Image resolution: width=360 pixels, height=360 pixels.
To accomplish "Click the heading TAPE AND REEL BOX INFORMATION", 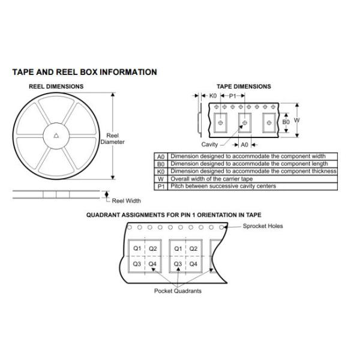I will pyautogui.click(x=85, y=72).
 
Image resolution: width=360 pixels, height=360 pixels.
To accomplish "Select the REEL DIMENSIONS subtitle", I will pyautogui.click(x=56, y=86).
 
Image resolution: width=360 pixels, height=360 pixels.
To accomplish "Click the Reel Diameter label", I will pyautogui.click(x=112, y=139).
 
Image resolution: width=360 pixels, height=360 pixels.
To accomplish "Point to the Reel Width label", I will pyautogui.click(x=125, y=200).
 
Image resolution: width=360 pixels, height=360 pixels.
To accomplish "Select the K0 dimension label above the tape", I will pyautogui.click(x=212, y=95).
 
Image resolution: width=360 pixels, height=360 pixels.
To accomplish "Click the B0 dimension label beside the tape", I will pyautogui.click(x=286, y=121).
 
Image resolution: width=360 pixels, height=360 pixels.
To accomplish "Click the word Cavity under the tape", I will pyautogui.click(x=209, y=145).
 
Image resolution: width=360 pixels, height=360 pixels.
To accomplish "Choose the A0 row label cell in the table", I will pyautogui.click(x=160, y=156).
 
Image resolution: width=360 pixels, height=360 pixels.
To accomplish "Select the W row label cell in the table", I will pyautogui.click(x=160, y=179).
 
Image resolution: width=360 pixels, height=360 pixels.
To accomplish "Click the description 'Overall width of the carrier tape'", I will pyautogui.click(x=212, y=179).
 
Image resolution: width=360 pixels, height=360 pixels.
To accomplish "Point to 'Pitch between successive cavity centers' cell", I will pyautogui.click(x=223, y=187).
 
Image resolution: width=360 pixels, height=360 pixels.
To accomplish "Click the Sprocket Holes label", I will pyautogui.click(x=263, y=226).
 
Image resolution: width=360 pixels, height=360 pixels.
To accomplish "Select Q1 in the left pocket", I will pyautogui.click(x=137, y=248).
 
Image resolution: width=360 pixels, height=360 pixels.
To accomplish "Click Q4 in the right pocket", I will pyautogui.click(x=193, y=264).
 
